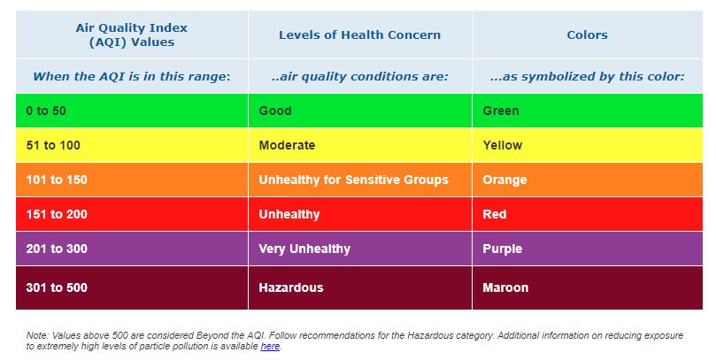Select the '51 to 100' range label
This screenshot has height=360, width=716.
(53, 146)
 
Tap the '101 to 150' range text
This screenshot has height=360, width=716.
(57, 180)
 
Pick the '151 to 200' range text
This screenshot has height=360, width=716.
(57, 214)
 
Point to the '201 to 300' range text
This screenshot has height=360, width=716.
(57, 249)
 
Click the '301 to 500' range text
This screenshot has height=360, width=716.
(57, 287)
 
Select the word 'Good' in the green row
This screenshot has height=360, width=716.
(275, 111)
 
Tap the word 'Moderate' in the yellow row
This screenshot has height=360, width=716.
(287, 146)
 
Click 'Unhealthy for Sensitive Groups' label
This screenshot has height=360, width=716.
(353, 180)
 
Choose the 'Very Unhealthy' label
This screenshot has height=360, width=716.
(304, 249)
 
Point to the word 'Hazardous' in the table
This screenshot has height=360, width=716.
(291, 287)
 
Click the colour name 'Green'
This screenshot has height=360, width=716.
(500, 111)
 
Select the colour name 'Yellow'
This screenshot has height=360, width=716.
(503, 146)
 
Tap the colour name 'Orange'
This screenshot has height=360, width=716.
(504, 180)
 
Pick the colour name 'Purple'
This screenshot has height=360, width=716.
(503, 249)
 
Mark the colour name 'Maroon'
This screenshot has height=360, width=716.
(505, 287)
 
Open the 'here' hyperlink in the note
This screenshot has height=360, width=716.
(270, 347)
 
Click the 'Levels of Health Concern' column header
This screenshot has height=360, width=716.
(360, 35)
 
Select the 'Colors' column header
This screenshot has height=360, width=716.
(588, 35)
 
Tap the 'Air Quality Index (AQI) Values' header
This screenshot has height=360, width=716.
(132, 35)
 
